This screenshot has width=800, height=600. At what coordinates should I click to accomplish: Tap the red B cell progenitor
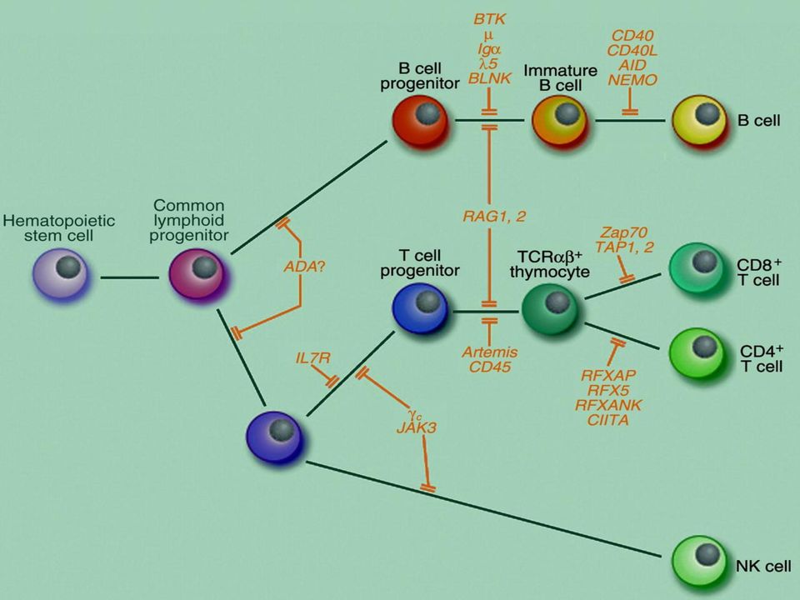(421, 120)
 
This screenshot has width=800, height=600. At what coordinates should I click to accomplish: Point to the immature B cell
(560, 120)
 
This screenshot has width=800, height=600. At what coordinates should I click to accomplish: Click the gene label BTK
(490, 19)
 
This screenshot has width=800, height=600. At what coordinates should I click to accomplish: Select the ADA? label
(304, 266)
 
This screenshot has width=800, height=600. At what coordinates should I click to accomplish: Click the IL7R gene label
(312, 358)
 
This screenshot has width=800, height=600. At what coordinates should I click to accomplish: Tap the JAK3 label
(417, 427)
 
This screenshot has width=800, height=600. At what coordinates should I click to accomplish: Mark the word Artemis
(490, 352)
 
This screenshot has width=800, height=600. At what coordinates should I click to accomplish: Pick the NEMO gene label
(632, 80)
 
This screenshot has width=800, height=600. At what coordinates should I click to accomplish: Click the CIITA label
(608, 420)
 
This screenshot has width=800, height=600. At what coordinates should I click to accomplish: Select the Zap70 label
(623, 232)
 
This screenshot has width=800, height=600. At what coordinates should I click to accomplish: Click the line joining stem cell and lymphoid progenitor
(130, 277)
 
